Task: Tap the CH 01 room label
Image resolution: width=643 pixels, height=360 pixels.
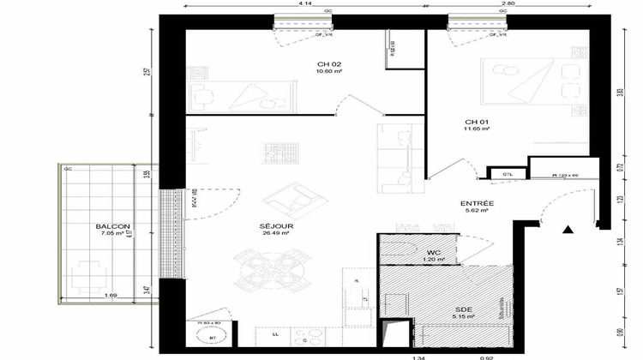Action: click(473, 122)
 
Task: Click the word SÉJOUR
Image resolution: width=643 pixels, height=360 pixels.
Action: click(273, 225)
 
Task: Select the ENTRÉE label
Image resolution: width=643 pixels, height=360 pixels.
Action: click(476, 203)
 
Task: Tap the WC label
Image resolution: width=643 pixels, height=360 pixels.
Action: click(434, 252)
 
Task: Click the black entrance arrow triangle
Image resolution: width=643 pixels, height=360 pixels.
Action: click(567, 230)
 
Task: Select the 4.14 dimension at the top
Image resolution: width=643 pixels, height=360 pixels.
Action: click(304, 4)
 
